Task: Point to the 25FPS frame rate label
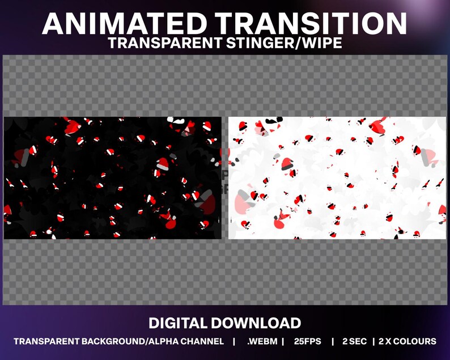click(307, 341)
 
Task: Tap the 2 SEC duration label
click(354, 341)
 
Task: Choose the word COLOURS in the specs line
click(415, 341)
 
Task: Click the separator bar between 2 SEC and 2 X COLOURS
click(373, 341)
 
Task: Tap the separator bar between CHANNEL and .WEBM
click(234, 341)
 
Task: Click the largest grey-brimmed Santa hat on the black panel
click(163, 164)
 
